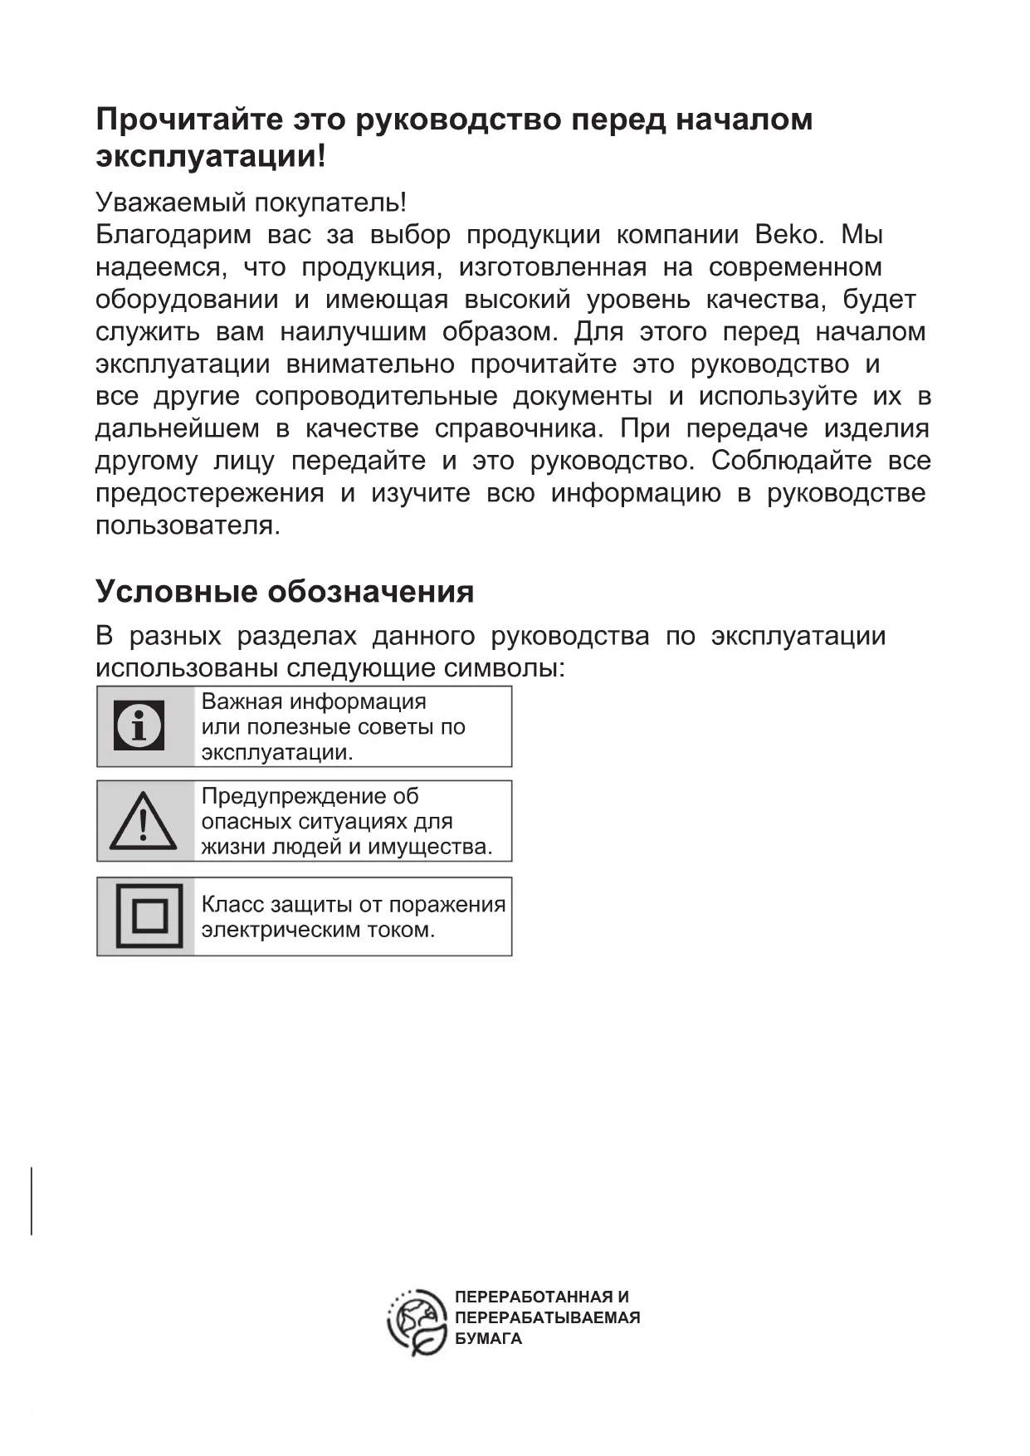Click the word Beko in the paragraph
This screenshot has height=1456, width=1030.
788,235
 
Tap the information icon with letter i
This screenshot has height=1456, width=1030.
139,726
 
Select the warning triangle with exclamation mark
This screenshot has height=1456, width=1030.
143,820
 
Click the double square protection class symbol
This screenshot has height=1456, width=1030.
149,916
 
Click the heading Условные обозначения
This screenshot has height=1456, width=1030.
285,591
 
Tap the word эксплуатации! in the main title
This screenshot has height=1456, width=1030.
211,156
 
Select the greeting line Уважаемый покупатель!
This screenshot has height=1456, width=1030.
251,202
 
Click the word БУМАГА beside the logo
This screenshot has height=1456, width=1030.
488,1338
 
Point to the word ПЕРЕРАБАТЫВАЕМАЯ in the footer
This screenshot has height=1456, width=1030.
547,1317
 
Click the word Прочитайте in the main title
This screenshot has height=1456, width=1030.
190,120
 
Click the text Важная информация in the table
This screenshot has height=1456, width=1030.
314,701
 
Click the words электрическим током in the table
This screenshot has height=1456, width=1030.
318,930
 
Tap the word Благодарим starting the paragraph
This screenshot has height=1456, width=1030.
173,235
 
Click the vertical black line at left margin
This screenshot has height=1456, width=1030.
32,1200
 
